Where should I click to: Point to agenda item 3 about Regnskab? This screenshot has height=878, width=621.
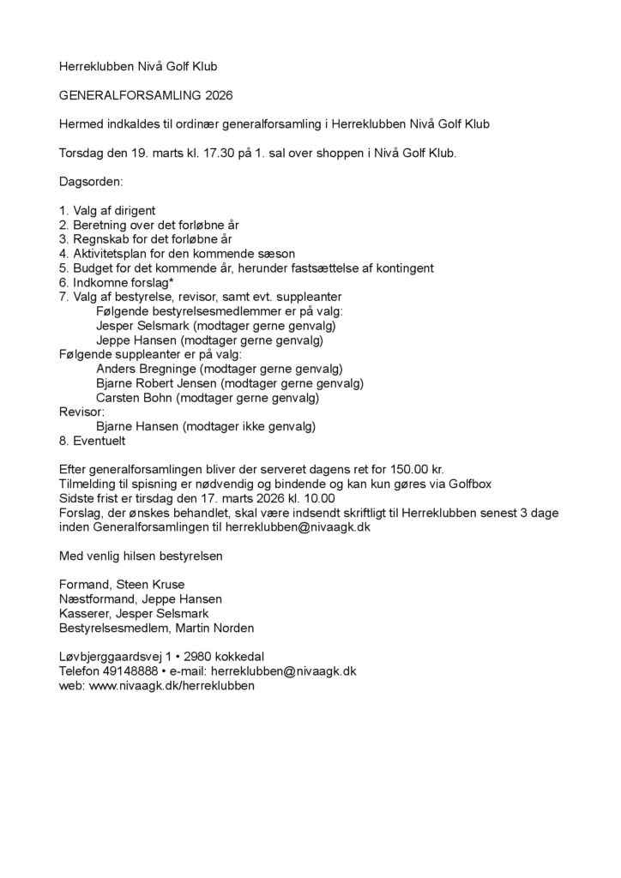click(146, 239)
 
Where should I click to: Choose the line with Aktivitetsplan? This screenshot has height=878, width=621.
click(177, 254)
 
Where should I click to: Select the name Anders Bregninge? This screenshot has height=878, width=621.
click(141, 370)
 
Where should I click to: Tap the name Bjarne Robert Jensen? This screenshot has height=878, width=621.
click(157, 384)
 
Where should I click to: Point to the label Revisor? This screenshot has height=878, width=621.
click(81, 412)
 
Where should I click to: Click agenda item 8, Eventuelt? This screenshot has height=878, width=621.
click(93, 441)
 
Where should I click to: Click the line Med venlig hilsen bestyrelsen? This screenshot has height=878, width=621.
click(141, 556)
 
